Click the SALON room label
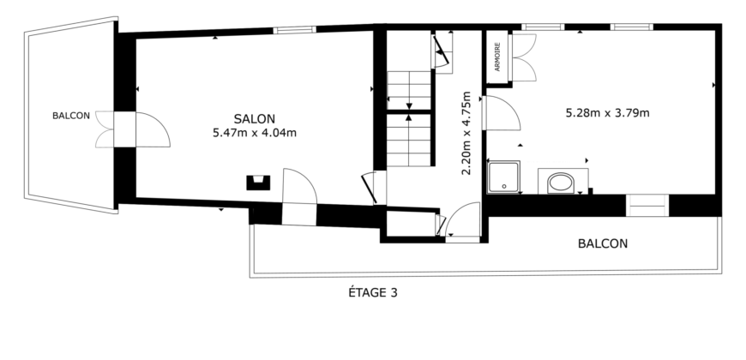tap(254, 118)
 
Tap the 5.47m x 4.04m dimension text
tap(254, 133)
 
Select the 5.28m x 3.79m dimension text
tap(606, 112)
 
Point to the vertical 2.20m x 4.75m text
tap(467, 133)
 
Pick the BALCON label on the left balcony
tap(70, 117)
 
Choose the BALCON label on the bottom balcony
tap(602, 243)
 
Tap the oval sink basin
tap(562, 182)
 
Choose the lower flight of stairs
tap(409, 140)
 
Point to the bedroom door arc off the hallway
tap(502, 114)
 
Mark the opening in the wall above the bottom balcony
tap(647, 206)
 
